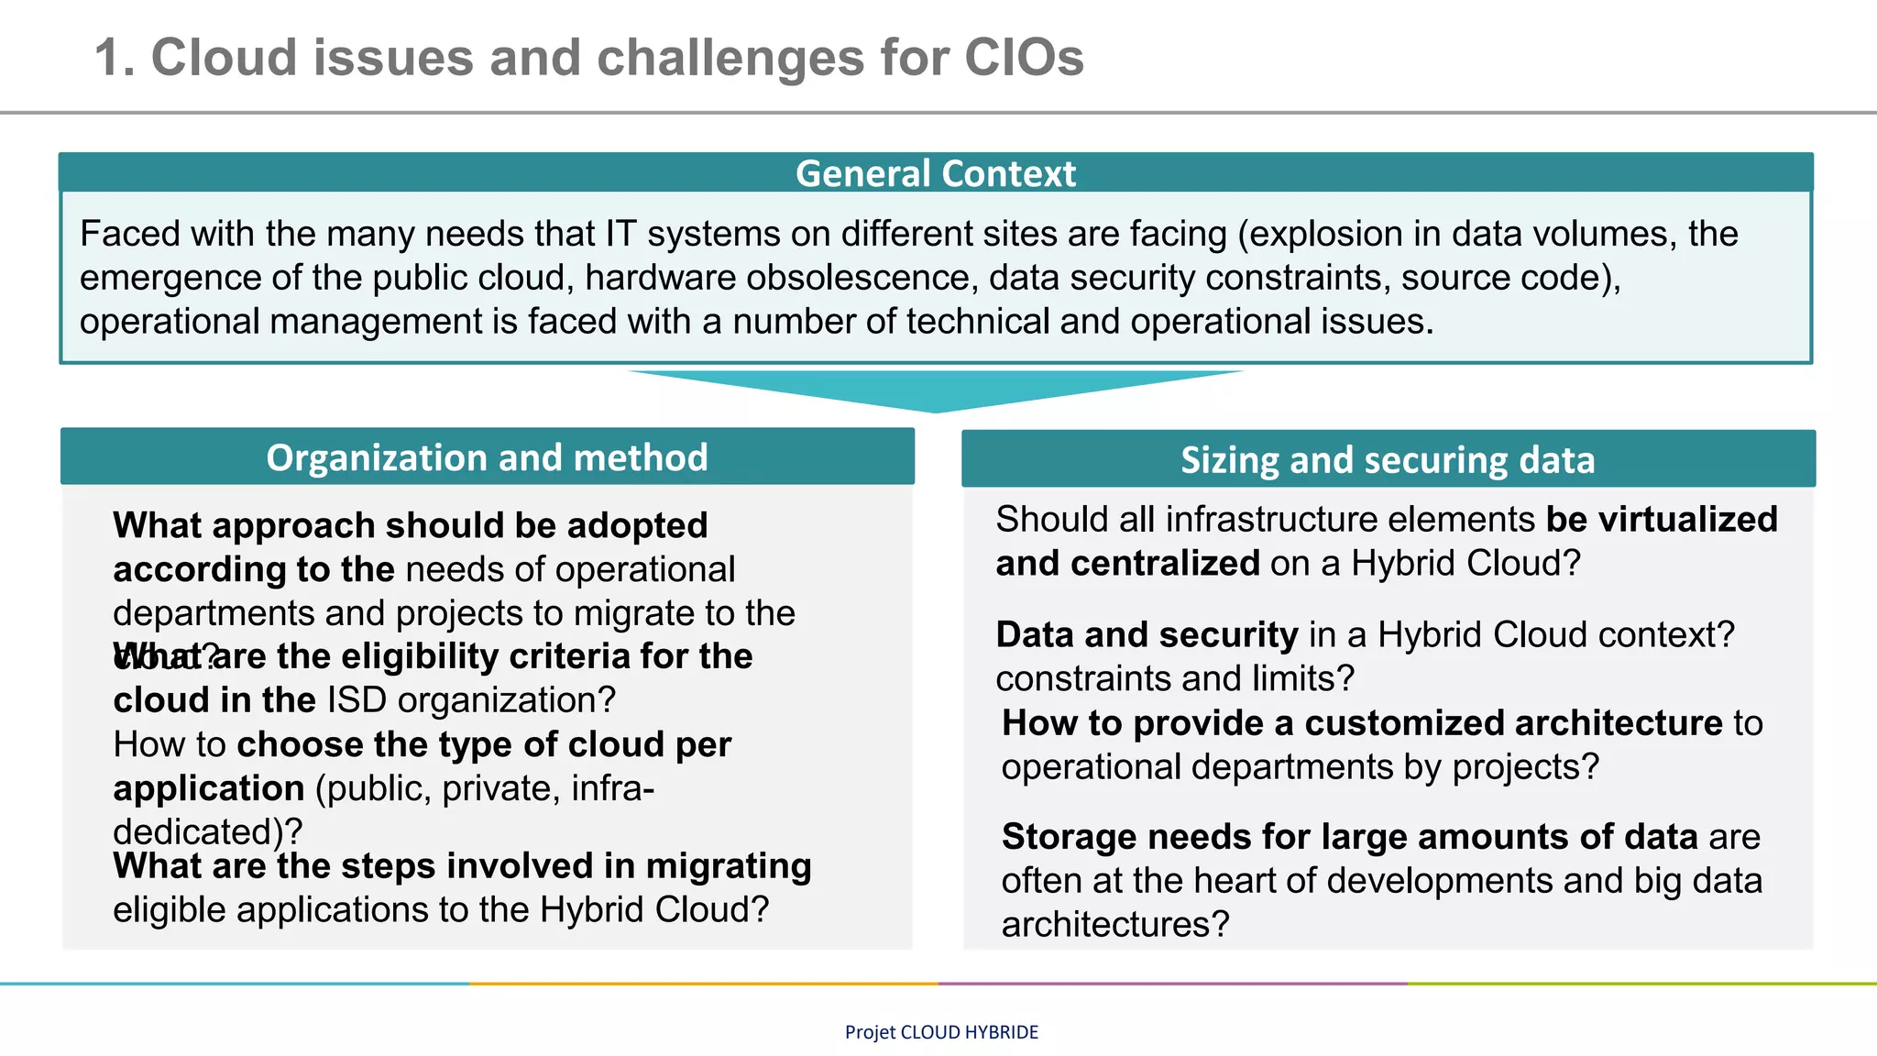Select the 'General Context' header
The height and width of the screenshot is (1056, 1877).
(935, 173)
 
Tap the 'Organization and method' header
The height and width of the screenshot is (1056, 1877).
(487, 457)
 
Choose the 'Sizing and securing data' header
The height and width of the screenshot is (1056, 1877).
(1388, 460)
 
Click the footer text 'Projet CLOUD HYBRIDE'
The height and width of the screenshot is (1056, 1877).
(941, 1032)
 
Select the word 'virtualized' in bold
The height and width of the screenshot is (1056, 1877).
(1688, 520)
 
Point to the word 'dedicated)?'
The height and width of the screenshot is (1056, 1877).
(207, 831)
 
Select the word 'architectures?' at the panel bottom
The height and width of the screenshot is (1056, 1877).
(1114, 924)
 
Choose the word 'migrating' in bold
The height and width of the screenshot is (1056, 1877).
(729, 866)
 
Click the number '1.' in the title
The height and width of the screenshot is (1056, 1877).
(115, 58)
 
